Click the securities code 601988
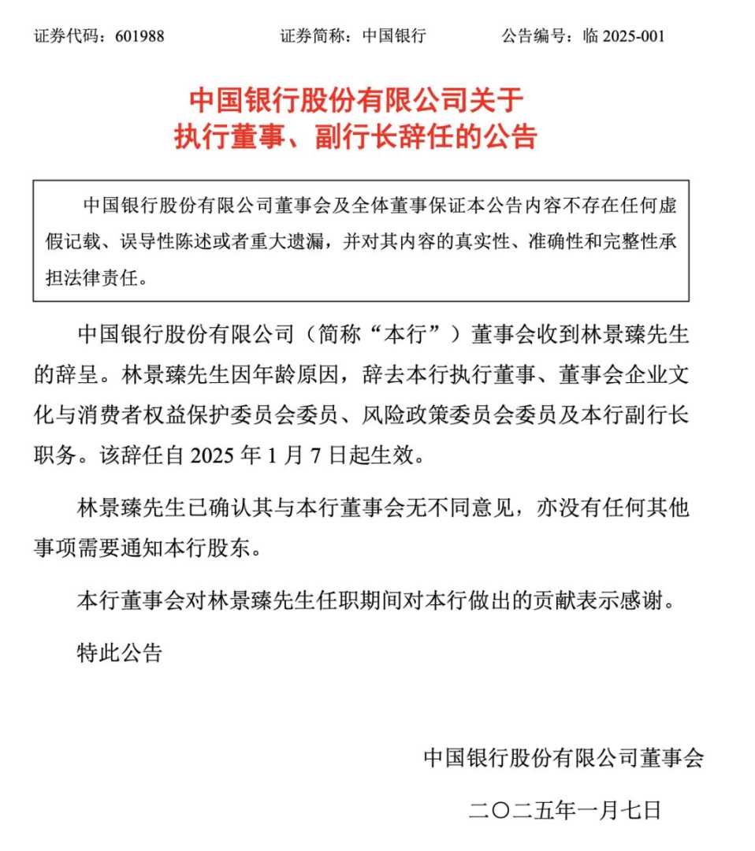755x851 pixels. pyautogui.click(x=139, y=35)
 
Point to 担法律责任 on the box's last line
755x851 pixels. pyautogui.click(x=95, y=278)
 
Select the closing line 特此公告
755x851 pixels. pyautogui.click(x=119, y=652)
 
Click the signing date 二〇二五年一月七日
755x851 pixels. pyautogui.click(x=563, y=809)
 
